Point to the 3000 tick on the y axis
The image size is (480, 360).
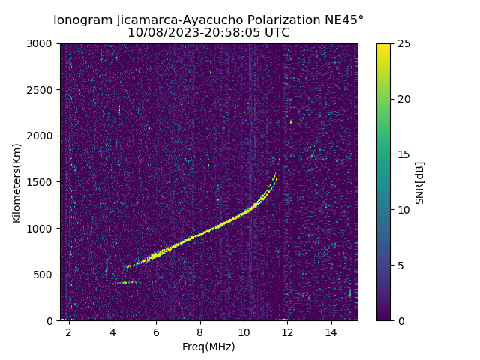point(41,44)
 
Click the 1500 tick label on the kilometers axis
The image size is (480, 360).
point(41,182)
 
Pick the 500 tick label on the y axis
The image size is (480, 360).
point(44,274)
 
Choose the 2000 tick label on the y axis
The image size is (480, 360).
point(41,136)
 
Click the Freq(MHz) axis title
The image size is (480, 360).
point(208,346)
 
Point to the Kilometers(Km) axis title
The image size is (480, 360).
point(17,182)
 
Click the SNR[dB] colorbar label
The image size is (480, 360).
point(420,182)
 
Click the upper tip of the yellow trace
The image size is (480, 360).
point(274,176)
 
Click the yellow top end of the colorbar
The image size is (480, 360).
point(383,46)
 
